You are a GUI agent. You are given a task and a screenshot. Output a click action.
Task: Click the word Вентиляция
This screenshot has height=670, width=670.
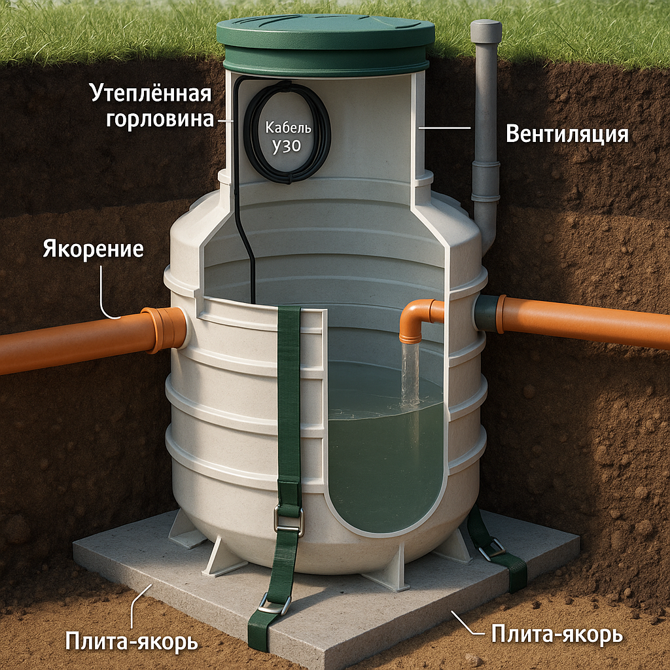(567, 134)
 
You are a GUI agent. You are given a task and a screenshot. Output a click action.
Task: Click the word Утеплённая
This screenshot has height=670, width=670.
(150, 94)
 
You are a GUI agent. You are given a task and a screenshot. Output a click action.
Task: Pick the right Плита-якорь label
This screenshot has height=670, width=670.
(556, 633)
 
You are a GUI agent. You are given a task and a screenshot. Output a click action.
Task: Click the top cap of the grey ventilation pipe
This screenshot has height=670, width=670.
(485, 31)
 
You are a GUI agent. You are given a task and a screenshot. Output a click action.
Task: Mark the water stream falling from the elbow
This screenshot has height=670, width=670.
(410, 373)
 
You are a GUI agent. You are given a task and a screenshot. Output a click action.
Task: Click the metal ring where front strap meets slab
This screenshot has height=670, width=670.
(274, 603)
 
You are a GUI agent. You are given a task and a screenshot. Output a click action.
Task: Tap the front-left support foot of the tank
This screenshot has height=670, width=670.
(221, 558)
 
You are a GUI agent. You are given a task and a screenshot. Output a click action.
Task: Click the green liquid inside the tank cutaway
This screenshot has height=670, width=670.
(386, 458)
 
